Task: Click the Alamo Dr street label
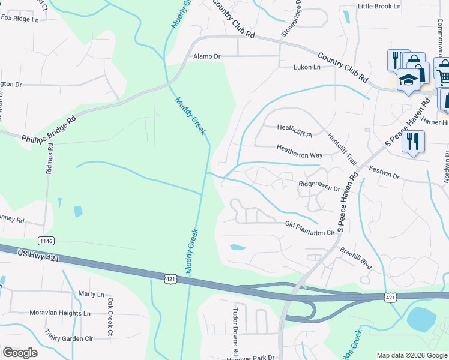(206, 56)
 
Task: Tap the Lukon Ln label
(306, 67)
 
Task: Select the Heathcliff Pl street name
(295, 127)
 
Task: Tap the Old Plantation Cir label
(309, 227)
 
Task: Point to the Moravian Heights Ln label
(59, 313)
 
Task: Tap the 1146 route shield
(46, 241)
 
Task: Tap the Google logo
(20, 353)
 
